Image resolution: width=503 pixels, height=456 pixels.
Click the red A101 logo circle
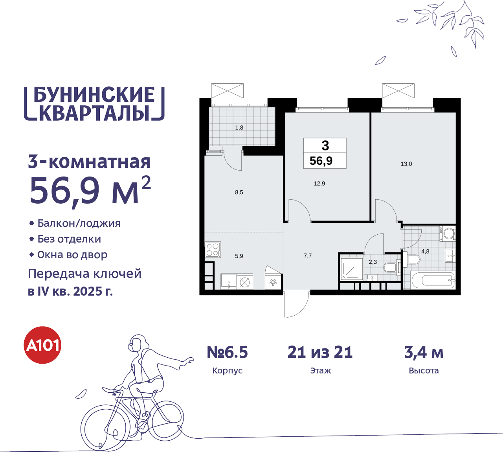coord(42,345)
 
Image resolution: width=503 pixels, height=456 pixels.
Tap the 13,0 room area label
coord(406,164)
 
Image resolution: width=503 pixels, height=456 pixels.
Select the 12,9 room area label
coord(319,183)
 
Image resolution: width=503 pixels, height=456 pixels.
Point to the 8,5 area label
coord(239,192)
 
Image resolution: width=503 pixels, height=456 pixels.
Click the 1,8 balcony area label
coord(239,127)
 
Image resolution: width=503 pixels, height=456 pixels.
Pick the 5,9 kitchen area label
coord(239,256)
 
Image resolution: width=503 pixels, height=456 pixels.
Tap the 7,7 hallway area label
coord(308,256)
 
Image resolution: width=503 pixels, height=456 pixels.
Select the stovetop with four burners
coord(213,250)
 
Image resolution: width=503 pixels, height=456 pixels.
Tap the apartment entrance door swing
coord(296,305)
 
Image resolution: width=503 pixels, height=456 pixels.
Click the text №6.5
coord(228,352)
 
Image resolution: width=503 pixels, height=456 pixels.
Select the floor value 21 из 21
coord(320,352)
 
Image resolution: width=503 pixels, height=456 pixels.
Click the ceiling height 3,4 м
coord(424,352)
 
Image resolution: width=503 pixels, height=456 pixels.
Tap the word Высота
coord(424,371)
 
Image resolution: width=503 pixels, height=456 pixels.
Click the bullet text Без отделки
coord(69,239)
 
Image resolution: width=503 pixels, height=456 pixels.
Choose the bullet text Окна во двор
coord(72,255)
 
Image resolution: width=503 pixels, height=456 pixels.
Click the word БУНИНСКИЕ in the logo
coord(94,95)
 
